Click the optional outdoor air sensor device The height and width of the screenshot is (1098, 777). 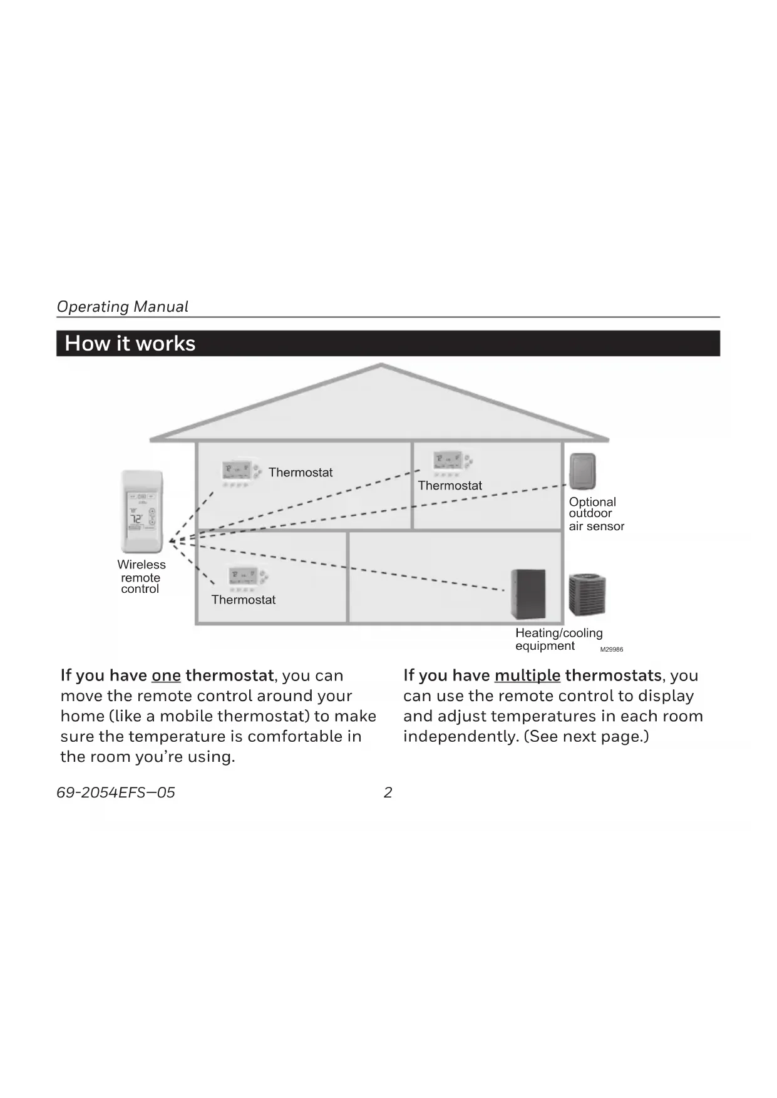click(582, 471)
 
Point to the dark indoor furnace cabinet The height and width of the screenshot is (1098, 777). click(528, 593)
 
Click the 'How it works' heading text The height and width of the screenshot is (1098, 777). click(130, 344)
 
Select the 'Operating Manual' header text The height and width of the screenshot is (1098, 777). click(123, 307)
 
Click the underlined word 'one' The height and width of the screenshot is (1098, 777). click(166, 675)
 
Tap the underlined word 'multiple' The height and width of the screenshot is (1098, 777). click(527, 675)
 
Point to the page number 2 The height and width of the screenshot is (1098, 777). click(388, 793)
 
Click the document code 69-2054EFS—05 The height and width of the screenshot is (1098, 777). click(116, 793)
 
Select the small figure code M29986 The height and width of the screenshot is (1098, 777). click(612, 650)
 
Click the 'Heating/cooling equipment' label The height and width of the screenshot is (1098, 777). click(558, 639)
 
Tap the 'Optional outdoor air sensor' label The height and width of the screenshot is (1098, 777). click(595, 514)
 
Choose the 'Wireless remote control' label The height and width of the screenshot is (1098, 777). click(141, 577)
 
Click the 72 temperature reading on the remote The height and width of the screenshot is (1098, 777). click(136, 518)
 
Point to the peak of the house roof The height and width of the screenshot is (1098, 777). click(381, 366)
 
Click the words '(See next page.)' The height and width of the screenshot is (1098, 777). click(586, 736)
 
